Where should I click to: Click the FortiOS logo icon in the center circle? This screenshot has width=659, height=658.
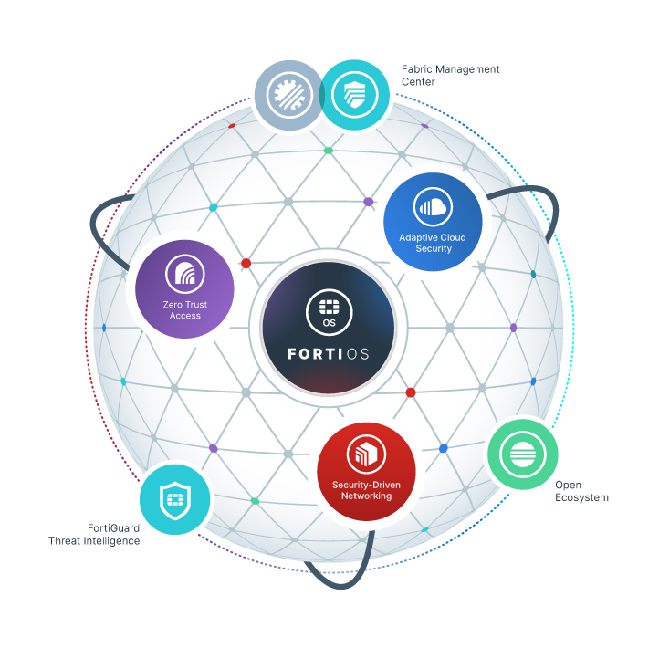329,312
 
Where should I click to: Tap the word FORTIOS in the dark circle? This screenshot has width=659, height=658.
329,354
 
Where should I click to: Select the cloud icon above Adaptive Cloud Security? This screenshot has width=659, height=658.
433,207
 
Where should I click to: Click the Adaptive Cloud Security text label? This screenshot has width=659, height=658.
433,243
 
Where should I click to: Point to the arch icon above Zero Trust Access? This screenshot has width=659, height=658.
185,274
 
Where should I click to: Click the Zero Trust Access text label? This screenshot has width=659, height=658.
185,310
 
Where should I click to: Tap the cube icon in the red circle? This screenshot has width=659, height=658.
367,454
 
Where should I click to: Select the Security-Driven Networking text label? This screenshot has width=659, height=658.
367,490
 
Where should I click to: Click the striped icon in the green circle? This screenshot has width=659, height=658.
523,454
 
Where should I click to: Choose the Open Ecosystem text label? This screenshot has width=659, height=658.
581,491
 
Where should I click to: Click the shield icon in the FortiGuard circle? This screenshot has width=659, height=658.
175,500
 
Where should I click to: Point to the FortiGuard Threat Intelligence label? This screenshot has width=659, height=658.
94,535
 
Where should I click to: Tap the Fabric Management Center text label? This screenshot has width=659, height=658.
450,75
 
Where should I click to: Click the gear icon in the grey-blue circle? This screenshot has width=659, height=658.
289,95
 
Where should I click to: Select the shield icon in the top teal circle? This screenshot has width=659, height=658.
355,95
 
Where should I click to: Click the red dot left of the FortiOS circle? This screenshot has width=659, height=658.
246,264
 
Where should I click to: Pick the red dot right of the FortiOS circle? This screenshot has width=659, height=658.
411,392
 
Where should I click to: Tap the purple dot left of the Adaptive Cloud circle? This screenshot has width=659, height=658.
369,202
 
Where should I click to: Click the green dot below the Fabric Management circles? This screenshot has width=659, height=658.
329,151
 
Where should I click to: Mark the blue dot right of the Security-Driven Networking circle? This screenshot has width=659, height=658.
443,448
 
